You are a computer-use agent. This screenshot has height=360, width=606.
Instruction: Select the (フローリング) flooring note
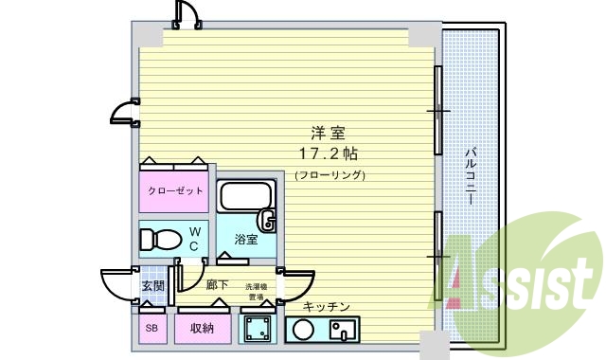pos(330,175)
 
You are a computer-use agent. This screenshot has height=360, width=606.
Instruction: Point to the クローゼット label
pos(175,190)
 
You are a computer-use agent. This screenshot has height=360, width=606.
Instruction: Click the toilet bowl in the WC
pos(162,238)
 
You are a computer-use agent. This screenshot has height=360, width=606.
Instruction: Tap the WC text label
pos(193,238)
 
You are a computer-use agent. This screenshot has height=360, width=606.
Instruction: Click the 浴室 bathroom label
pos(246,240)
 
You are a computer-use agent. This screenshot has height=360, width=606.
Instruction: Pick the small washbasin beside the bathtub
pos(268,224)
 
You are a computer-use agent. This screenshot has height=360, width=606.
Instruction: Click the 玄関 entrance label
pos(153,285)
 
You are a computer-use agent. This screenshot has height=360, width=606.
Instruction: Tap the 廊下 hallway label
pos(217,285)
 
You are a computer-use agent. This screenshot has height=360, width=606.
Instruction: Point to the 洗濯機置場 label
pos(257,291)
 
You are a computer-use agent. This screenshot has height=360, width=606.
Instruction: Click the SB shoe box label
pos(151,329)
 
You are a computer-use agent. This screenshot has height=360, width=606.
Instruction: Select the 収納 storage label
pos(201,329)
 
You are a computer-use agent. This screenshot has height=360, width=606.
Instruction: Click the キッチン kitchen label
pos(328,307)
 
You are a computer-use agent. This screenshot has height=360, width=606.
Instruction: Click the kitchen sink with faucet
pos(341,331)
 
